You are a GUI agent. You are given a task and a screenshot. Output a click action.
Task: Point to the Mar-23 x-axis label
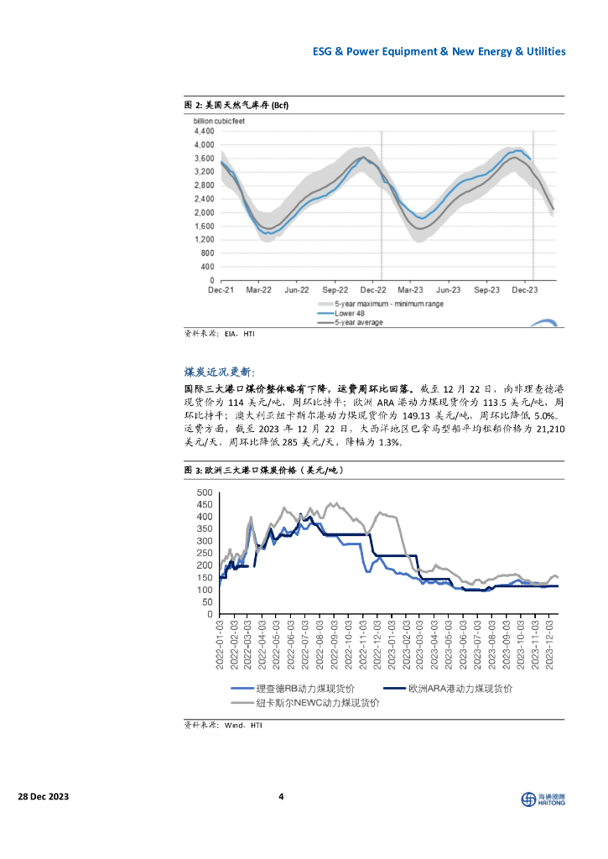click(410, 289)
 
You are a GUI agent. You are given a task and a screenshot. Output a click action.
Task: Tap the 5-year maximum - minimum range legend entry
click(389, 303)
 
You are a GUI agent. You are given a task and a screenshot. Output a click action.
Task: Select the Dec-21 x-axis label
click(221, 289)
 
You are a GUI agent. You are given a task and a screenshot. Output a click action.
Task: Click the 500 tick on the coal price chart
click(205, 492)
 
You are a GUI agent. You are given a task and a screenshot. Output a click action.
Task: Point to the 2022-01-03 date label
click(221, 644)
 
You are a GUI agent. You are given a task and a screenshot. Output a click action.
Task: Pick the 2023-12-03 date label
click(551, 644)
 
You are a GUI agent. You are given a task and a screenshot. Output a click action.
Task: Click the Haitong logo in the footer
click(543, 799)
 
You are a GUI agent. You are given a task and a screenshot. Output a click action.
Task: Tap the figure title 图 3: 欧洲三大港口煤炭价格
click(263, 471)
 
